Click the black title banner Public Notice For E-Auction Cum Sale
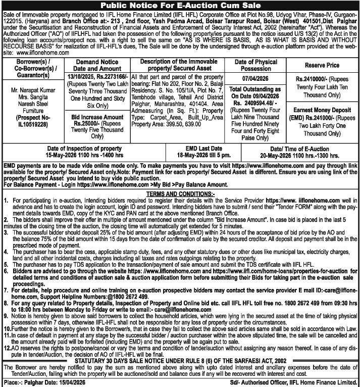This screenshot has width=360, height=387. [x=180, y=5]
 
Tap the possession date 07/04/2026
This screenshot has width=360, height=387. [x=256, y=79]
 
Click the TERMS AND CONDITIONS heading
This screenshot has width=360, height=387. [x=180, y=192]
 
